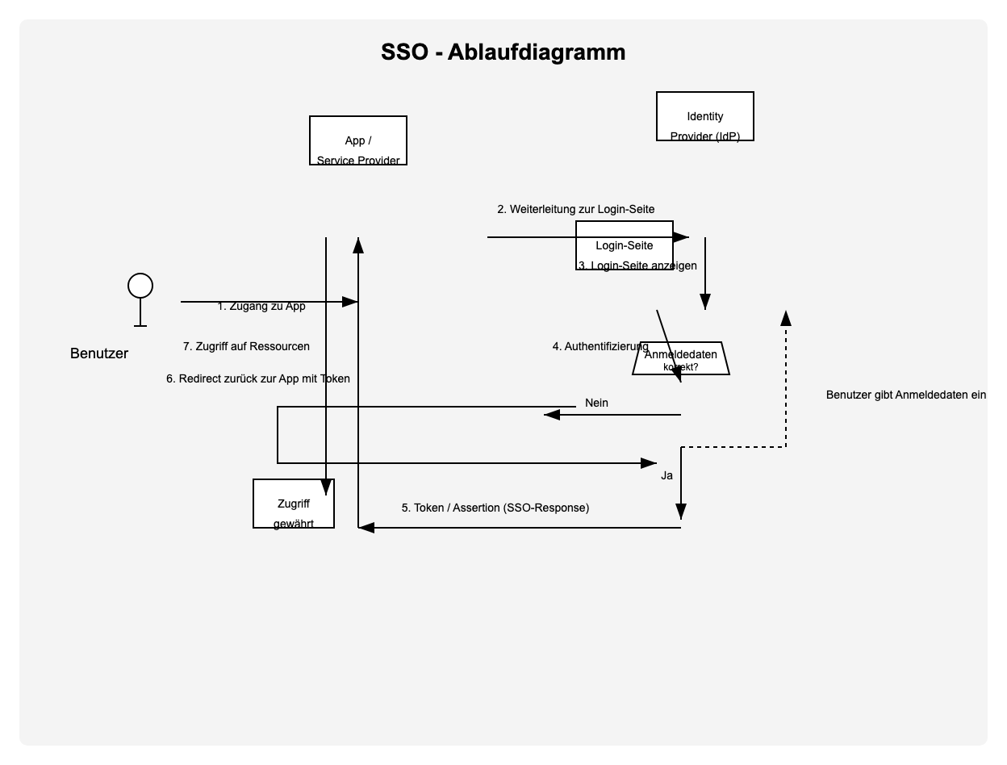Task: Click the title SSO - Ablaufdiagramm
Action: point(503,52)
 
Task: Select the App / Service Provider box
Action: point(358,141)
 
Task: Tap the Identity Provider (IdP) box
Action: point(704,117)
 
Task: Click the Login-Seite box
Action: point(624,245)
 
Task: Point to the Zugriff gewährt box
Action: point(293,504)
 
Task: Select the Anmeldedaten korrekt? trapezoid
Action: point(680,359)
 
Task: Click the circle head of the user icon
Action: point(140,286)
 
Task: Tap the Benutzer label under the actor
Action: point(99,353)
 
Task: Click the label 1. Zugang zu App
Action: point(261,307)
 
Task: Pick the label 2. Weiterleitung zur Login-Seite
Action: point(575,209)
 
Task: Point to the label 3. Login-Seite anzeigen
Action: point(637,265)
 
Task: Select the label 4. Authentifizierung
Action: point(600,346)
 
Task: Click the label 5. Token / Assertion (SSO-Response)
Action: point(495,508)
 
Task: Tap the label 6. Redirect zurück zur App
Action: point(258,378)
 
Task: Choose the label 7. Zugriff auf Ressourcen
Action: point(246,346)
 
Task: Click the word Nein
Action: point(596,403)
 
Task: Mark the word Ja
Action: point(666,475)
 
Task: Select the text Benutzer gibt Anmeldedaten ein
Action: point(906,395)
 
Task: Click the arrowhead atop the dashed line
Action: point(786,318)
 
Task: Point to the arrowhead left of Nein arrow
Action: point(552,415)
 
